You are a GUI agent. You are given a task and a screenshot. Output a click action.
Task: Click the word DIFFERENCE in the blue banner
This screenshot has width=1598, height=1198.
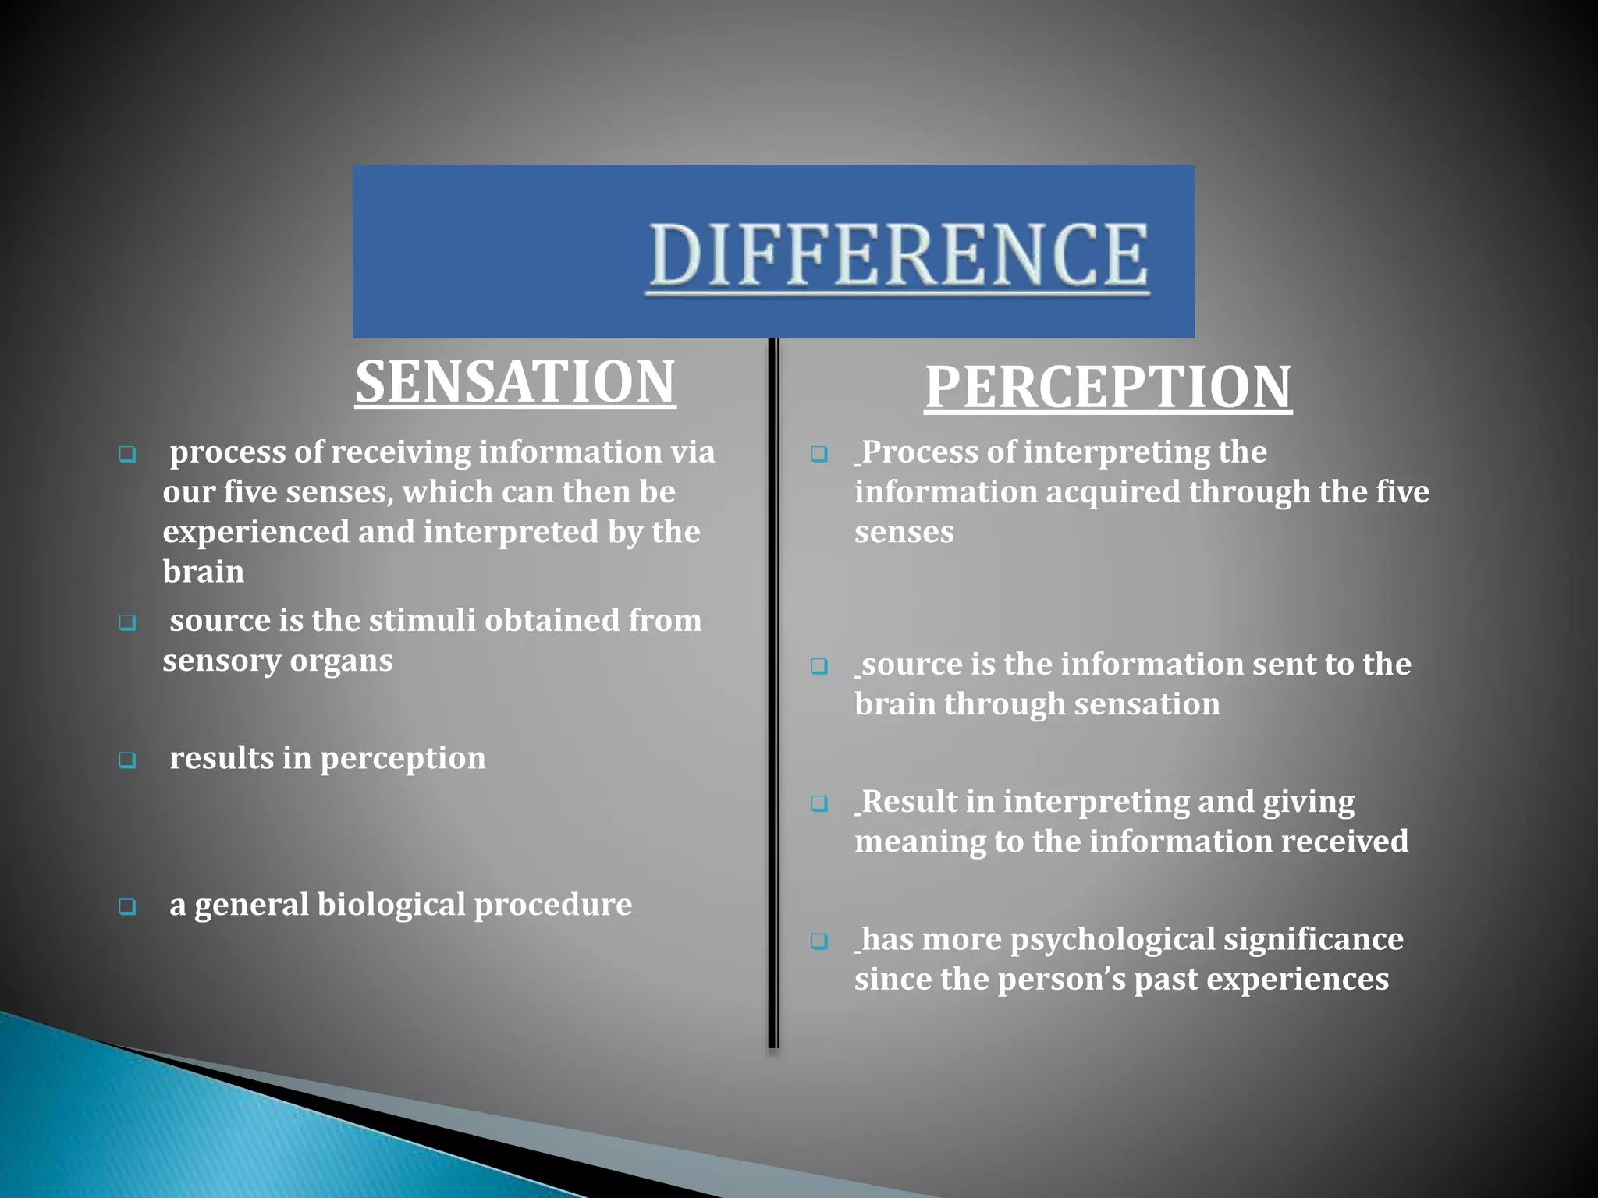pyautogui.click(x=899, y=255)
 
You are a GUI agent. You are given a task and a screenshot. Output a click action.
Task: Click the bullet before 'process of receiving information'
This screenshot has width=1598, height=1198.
pyautogui.click(x=127, y=454)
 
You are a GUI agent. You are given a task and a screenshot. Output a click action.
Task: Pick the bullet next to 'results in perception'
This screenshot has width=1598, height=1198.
pyautogui.click(x=127, y=760)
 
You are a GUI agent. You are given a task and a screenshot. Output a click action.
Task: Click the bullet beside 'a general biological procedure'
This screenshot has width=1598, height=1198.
pyautogui.click(x=127, y=906)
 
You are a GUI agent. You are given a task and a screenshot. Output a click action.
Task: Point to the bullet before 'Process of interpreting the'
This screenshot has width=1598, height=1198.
pyautogui.click(x=819, y=454)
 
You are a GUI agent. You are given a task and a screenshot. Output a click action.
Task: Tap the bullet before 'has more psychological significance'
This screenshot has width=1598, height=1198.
pyautogui.click(x=819, y=941)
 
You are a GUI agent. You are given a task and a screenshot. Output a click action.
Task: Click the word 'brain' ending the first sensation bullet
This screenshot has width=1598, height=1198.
pyautogui.click(x=203, y=572)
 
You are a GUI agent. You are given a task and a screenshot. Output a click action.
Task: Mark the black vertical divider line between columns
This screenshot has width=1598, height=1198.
pyautogui.click(x=773, y=694)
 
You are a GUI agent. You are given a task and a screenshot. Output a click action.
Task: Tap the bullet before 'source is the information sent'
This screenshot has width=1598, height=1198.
pyautogui.click(x=819, y=666)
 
